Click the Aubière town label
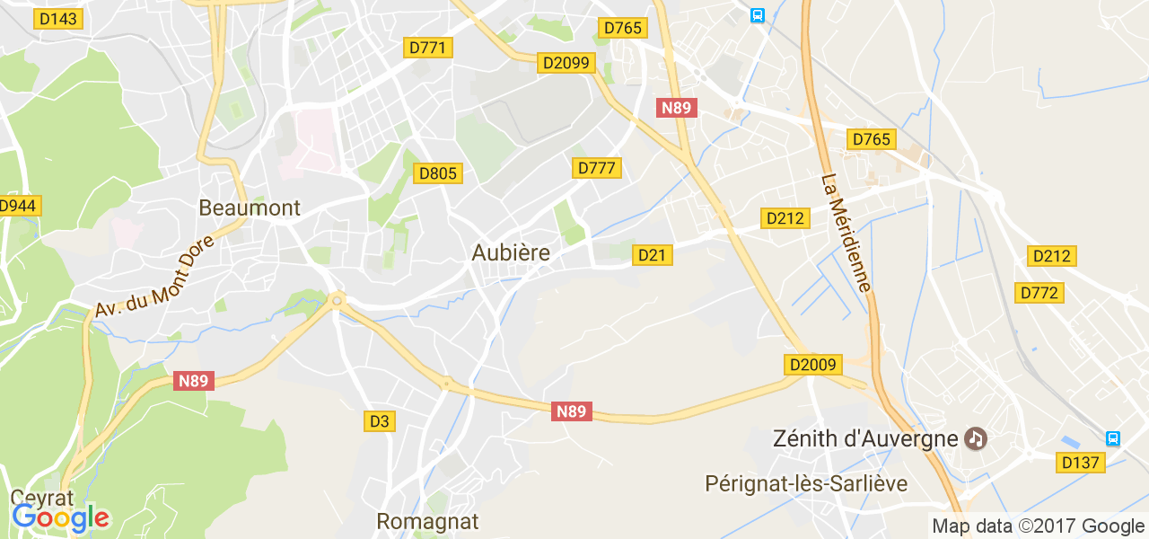tap(511, 253)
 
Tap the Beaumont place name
tap(250, 208)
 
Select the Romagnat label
tap(427, 521)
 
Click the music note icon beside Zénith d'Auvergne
tap(976, 439)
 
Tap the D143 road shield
tap(58, 19)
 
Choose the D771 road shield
tap(428, 48)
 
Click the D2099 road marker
tap(566, 62)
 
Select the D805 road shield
tap(438, 173)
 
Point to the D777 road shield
tap(597, 168)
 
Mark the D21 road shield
tap(653, 255)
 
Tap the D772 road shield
tap(1039, 293)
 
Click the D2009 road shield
tap(813, 365)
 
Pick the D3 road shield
tap(380, 420)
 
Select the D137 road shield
tap(1080, 462)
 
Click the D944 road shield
tap(18, 206)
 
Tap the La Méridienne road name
tap(846, 233)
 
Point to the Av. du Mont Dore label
tap(154, 276)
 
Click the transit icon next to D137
tap(1113, 438)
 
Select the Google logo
tap(60, 517)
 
